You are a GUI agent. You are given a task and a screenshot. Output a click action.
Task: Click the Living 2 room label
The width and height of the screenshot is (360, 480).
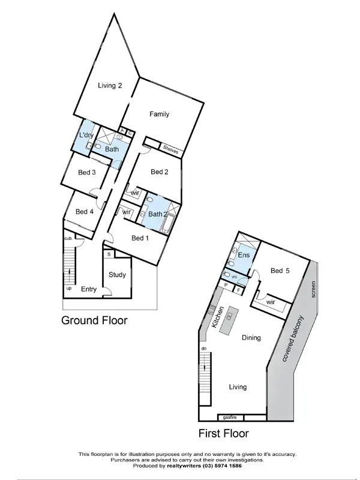click(x=110, y=86)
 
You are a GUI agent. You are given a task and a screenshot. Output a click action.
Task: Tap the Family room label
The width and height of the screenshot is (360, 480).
click(x=159, y=114)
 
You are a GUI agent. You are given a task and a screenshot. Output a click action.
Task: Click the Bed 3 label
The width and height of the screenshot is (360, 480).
click(x=87, y=173)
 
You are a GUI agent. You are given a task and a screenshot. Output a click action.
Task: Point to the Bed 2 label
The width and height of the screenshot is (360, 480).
click(x=159, y=172)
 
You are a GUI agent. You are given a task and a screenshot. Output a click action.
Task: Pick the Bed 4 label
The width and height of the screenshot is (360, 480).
click(x=85, y=211)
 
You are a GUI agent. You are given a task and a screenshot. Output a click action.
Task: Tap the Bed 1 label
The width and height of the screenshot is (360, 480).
click(x=140, y=238)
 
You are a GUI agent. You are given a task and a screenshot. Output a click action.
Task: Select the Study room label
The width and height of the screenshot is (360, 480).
click(x=117, y=275)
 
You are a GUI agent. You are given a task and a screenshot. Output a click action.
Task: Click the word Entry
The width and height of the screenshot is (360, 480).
click(x=89, y=289)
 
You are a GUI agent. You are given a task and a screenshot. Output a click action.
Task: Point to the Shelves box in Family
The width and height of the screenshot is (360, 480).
click(x=170, y=152)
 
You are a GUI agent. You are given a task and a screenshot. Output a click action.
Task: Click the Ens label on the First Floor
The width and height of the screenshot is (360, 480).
click(x=244, y=256)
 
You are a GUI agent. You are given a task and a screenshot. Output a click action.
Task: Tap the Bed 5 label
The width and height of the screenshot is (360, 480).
click(x=280, y=271)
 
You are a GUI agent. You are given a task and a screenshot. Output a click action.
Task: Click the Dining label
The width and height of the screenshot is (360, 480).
click(x=251, y=338)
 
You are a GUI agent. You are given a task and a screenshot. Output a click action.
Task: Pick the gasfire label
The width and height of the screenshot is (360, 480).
click(x=230, y=416)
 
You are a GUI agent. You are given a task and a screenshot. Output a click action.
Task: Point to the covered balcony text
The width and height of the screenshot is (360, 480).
click(x=292, y=338)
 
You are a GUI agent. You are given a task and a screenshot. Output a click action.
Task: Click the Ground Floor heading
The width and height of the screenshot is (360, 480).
click(x=94, y=320)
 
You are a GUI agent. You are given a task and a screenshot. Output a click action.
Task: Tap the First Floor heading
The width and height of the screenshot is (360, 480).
click(x=224, y=433)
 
